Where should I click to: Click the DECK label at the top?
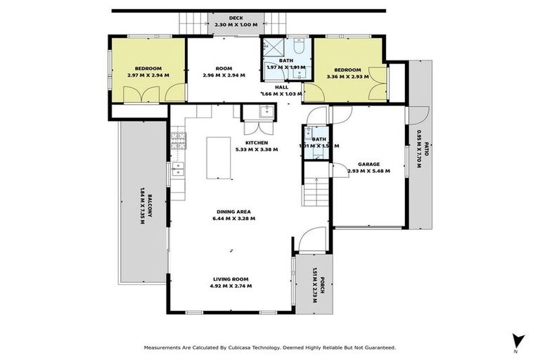236,17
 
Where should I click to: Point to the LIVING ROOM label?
233,279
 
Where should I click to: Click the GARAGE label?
368,164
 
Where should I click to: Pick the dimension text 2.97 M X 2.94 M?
145,75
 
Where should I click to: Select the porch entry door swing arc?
309,239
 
